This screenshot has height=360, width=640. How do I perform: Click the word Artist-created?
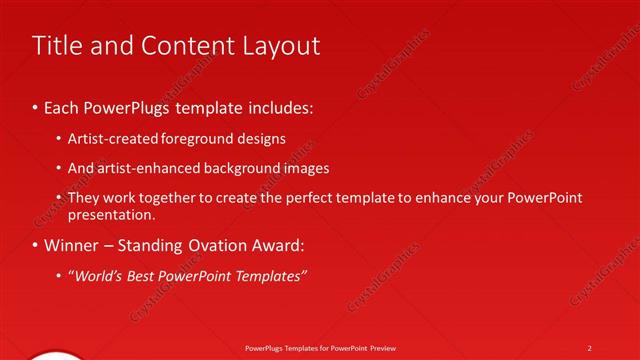click(x=107, y=138)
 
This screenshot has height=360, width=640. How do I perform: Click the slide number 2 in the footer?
click(x=590, y=347)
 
